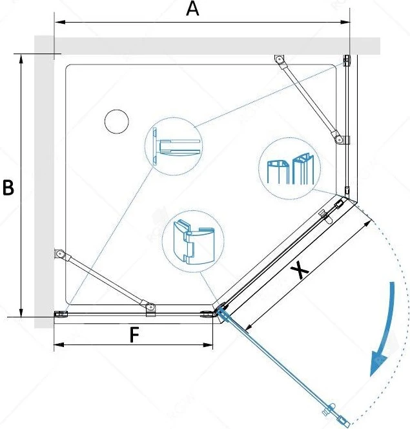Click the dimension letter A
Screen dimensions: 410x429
[192, 9]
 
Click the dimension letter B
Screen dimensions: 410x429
[8, 188]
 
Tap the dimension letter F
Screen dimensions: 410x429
[134, 335]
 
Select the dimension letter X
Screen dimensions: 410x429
[300, 270]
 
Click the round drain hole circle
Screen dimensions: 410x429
[117, 122]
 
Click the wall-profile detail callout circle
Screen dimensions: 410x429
[174, 146]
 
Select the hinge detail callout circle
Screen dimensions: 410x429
[193, 241]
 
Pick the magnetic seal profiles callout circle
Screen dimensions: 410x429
[290, 168]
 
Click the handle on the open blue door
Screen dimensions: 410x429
[330, 409]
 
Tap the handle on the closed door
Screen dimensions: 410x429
[325, 215]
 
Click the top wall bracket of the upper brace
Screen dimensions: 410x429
[279, 59]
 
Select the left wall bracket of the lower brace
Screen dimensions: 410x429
[59, 254]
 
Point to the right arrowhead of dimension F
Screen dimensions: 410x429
[208, 344]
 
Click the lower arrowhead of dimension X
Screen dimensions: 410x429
[249, 326]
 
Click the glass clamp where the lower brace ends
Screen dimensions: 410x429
[150, 310]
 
